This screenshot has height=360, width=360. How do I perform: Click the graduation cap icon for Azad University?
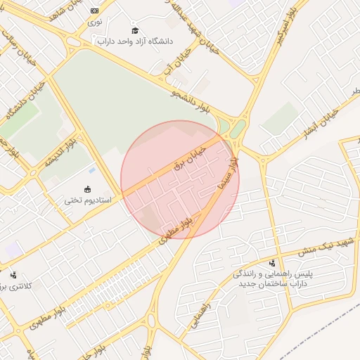tap(135, 30)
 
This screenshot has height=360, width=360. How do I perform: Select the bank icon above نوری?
tap(95, 11)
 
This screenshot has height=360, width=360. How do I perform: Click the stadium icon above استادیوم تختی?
tap(88, 189)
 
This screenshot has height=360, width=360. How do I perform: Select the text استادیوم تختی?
tap(88, 201)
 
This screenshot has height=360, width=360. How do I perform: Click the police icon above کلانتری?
tap(13, 275)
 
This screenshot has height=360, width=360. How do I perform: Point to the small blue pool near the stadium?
tap(92, 170)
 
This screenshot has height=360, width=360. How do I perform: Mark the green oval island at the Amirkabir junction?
tap(239, 128)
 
